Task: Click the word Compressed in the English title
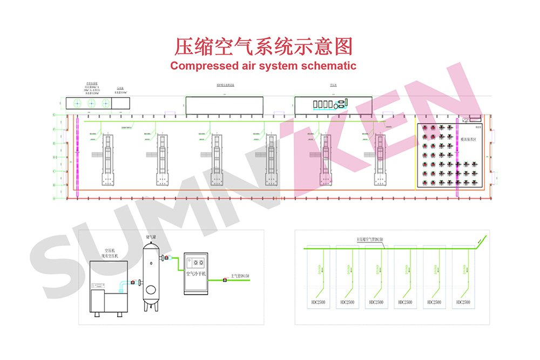coord(203,66)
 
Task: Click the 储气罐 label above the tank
coord(151,237)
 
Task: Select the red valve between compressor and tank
coord(132,282)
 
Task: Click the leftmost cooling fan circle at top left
coord(77,104)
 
